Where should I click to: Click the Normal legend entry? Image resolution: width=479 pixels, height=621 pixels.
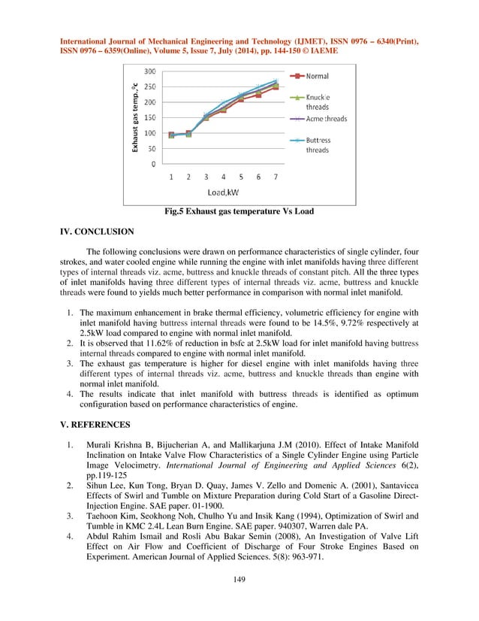315,77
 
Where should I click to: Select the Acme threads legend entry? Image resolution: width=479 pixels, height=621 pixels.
324,119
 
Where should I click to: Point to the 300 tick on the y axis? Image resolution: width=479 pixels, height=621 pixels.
151,71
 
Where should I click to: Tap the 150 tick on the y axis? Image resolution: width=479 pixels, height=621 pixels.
151,117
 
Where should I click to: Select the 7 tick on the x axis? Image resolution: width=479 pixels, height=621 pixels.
276,177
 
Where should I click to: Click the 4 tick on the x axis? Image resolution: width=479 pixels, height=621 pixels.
223,177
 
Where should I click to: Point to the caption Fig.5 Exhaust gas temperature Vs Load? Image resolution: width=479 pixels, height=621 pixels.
239,212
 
